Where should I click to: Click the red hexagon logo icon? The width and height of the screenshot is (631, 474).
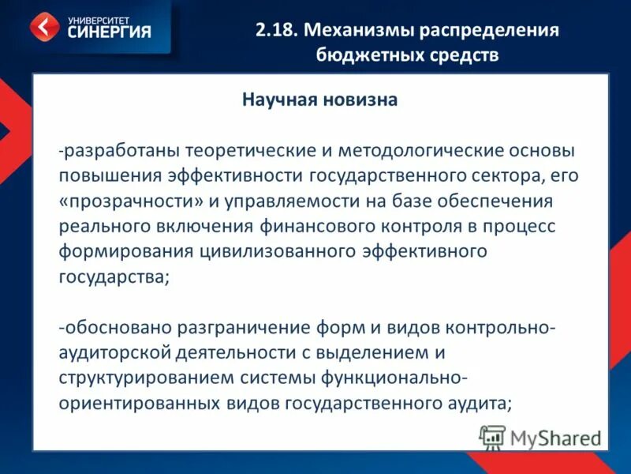pyautogui.click(x=45, y=27)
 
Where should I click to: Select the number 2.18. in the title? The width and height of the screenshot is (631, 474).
pyautogui.click(x=276, y=31)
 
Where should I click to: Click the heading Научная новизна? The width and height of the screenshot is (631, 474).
pyautogui.click(x=319, y=100)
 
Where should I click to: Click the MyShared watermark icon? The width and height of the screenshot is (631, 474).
pyautogui.click(x=492, y=437)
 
